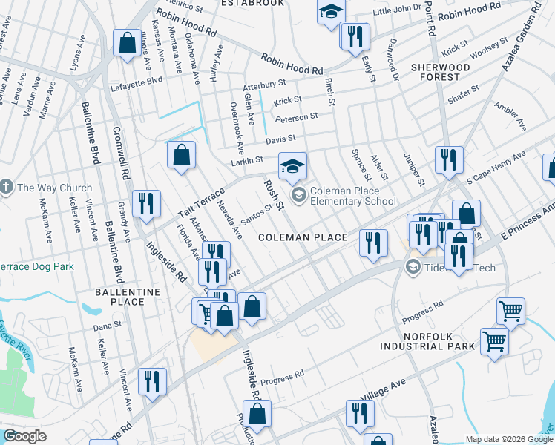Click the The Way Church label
[x=54, y=188]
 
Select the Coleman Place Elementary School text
[x=352, y=196]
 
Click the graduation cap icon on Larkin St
[x=292, y=165]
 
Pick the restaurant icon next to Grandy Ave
[x=146, y=205]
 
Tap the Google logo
[x=24, y=436]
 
